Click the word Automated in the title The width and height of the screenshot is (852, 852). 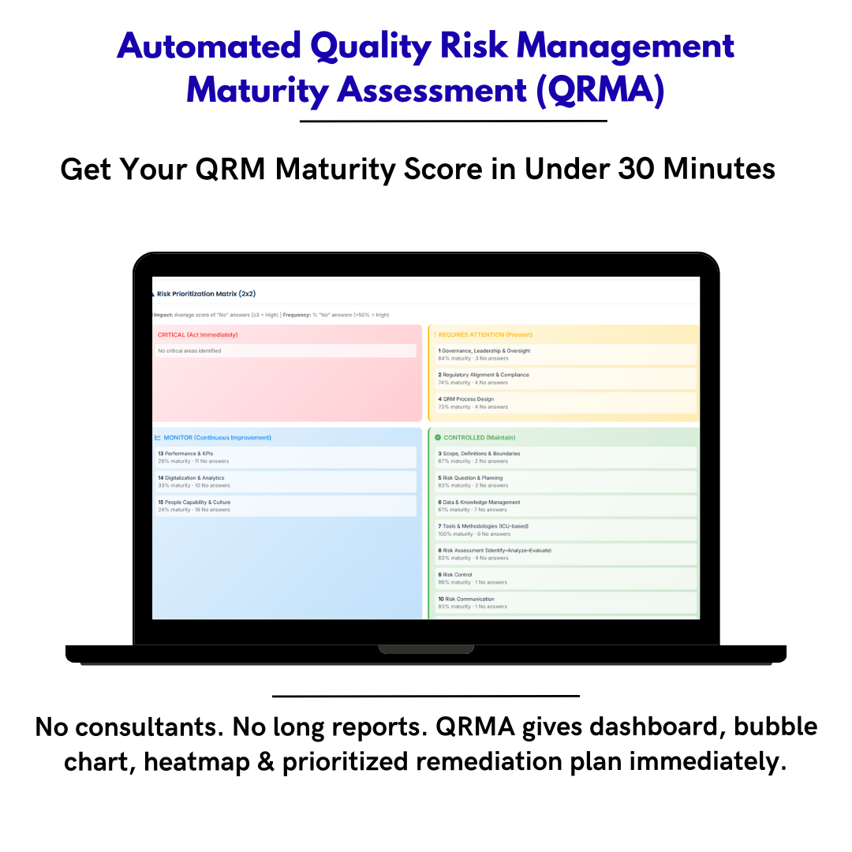click(x=209, y=47)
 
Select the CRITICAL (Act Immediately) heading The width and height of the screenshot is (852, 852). click(x=197, y=334)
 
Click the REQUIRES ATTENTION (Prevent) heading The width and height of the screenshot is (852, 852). click(x=485, y=334)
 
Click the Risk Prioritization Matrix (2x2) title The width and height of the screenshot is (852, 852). click(x=206, y=293)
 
